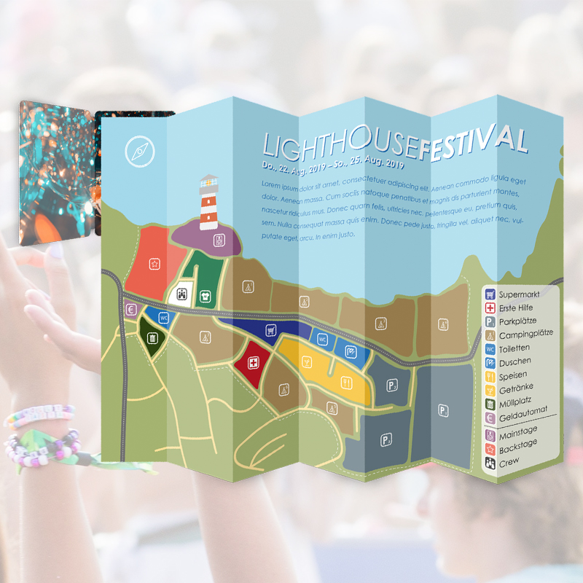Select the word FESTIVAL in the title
474,139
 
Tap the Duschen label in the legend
515,362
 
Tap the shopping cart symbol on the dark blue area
271,330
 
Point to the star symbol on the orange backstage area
154,264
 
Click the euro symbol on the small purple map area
131,310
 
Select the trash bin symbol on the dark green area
152,338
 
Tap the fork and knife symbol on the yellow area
347,381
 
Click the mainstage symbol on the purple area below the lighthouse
219,240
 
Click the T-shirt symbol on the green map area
206,296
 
